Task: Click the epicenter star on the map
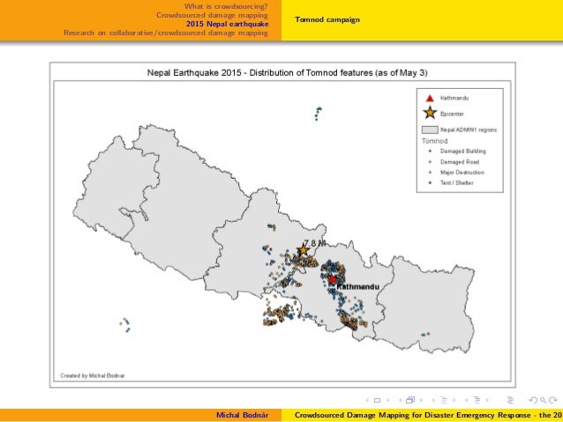(x=303, y=250)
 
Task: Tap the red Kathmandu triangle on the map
(x=332, y=279)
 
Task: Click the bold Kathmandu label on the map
(x=357, y=287)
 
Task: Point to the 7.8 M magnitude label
(x=315, y=242)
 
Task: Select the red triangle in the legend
(x=429, y=97)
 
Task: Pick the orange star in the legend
(x=429, y=112)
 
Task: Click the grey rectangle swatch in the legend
(x=429, y=129)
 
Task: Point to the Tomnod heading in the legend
(x=434, y=140)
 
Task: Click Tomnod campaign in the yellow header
(x=321, y=19)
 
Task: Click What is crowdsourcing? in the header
(x=226, y=7)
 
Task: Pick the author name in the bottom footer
(x=244, y=414)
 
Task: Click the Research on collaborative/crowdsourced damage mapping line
(x=166, y=33)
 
